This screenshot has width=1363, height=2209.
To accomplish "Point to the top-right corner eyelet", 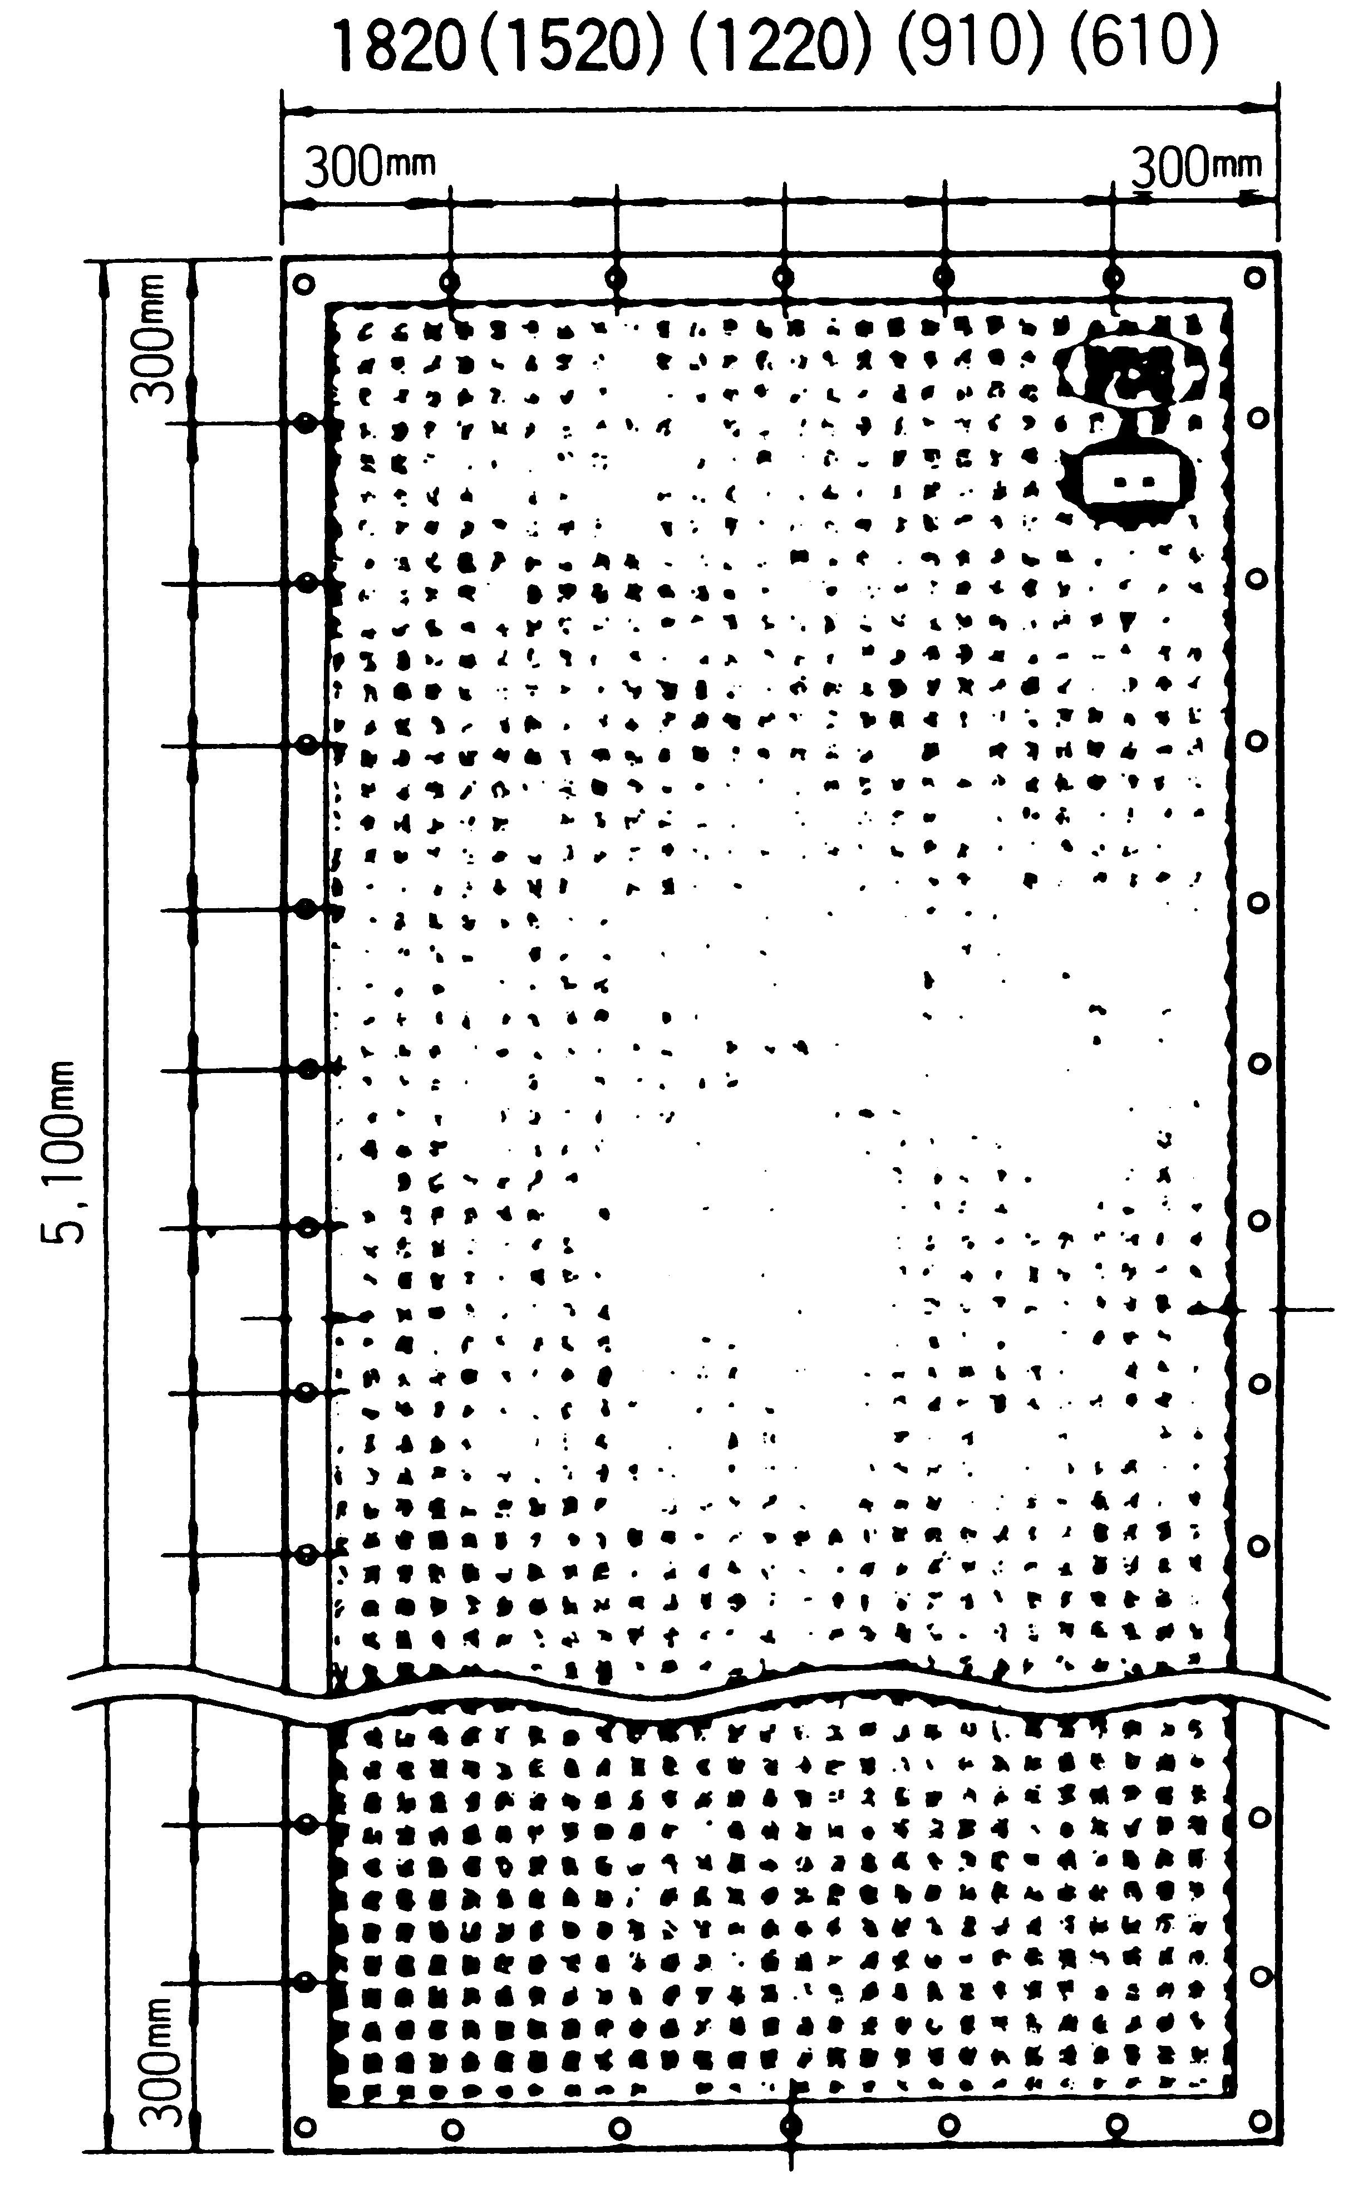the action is click(x=1256, y=277).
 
